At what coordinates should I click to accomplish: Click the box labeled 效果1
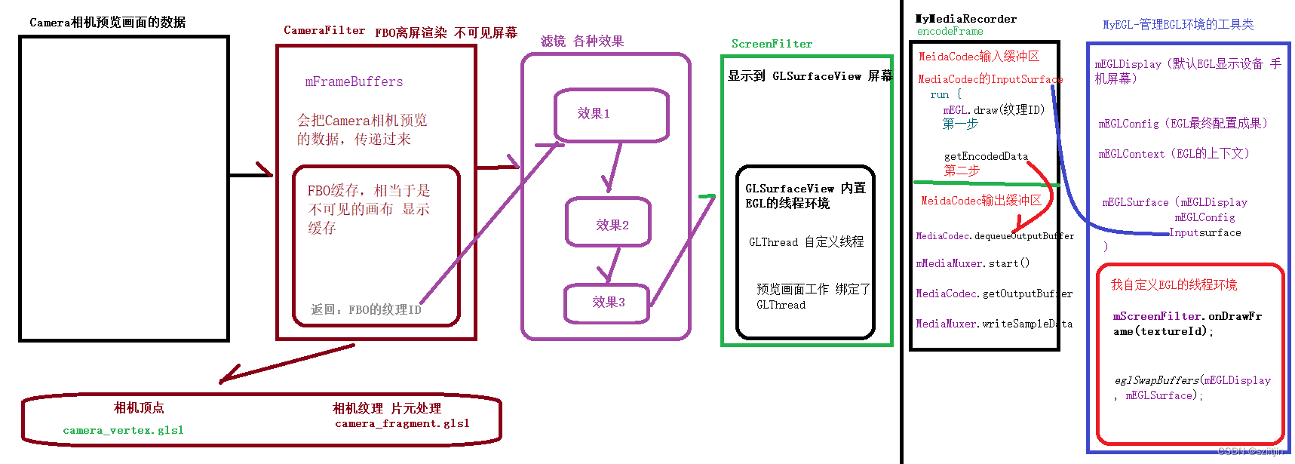[x=611, y=115]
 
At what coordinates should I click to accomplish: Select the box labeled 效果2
[x=609, y=223]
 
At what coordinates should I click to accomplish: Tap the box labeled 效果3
[x=606, y=303]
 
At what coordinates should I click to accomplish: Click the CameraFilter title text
[x=324, y=31]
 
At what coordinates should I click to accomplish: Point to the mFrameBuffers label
[x=354, y=81]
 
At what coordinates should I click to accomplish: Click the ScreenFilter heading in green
[x=772, y=44]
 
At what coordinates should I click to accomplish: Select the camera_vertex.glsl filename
[x=123, y=430]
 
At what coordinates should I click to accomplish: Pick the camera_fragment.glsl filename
[x=402, y=424]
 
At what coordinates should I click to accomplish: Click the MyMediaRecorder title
[x=965, y=19]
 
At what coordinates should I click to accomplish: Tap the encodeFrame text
[x=950, y=32]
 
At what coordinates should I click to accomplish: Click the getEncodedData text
[x=985, y=156]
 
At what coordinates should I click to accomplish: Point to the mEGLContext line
[x=1174, y=154]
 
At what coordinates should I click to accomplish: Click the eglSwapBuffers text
[x=1192, y=381]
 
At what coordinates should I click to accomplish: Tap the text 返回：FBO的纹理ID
[x=366, y=309]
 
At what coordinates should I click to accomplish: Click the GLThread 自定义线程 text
[x=806, y=242]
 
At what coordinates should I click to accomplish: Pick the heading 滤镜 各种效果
[x=582, y=41]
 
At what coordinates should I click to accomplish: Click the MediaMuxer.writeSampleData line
[x=993, y=324]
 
